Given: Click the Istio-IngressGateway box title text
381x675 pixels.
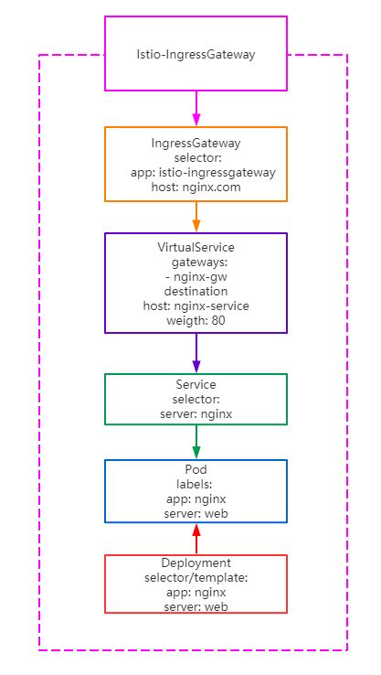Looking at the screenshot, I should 196,55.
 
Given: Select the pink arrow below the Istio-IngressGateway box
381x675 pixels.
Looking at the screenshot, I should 196,108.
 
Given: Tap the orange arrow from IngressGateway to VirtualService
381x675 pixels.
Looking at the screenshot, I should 196,217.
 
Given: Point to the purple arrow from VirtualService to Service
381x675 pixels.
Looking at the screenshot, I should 196,352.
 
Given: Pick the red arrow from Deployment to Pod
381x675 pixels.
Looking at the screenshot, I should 196,539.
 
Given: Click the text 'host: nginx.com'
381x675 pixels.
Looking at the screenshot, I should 196,187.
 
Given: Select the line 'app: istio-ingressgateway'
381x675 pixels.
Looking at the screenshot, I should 196,173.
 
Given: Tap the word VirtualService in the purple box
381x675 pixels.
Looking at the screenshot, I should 196,247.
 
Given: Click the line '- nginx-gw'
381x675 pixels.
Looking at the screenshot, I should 196,276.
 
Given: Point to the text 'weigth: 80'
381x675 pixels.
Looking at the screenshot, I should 196,320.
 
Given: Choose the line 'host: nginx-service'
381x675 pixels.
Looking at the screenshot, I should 196,305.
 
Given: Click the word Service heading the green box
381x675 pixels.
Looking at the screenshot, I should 196,385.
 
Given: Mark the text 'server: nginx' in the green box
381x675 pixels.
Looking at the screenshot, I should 196,414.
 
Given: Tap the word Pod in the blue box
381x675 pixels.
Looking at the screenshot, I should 196,470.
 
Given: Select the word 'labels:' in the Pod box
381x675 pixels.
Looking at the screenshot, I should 196,485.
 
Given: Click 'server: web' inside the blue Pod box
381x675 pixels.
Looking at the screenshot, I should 196,514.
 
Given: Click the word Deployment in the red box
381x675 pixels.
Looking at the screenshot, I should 196,563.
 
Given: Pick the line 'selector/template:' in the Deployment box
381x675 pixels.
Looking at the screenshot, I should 196,578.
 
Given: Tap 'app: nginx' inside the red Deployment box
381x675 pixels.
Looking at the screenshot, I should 196,593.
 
